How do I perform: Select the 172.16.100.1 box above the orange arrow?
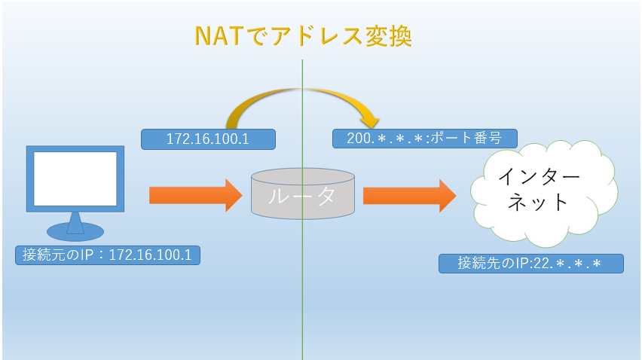pyautogui.click(x=209, y=139)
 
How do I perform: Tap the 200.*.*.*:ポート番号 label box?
pyautogui.click(x=424, y=139)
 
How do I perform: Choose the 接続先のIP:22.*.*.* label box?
pyautogui.click(x=531, y=264)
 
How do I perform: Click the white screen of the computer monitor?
pyautogui.click(x=75, y=178)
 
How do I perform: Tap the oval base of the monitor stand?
pyautogui.click(x=75, y=232)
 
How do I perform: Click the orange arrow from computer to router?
pyautogui.click(x=196, y=195)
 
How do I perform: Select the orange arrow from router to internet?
pyautogui.click(x=409, y=196)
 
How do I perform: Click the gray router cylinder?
pyautogui.click(x=303, y=194)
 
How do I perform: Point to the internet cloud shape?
pyautogui.click(x=544, y=192)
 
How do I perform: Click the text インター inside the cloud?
pyautogui.click(x=539, y=177)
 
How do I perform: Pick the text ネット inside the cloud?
pyautogui.click(x=537, y=202)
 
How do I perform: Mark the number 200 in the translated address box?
pyautogui.click(x=359, y=139)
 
